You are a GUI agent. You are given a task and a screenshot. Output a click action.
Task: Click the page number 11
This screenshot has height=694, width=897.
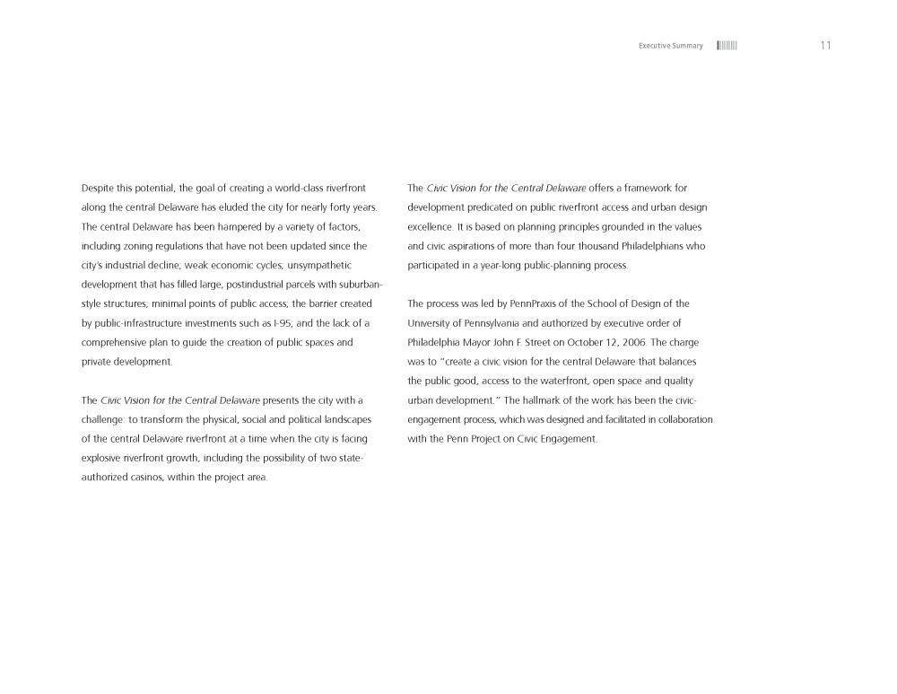tap(825, 46)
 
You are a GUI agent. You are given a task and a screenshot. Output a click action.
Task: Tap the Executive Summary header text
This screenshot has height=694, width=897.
tap(670, 46)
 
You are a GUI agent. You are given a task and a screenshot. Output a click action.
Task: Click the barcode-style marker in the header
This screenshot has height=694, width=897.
tap(727, 46)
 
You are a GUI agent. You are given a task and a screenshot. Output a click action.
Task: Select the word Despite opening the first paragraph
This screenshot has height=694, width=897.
tap(98, 189)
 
